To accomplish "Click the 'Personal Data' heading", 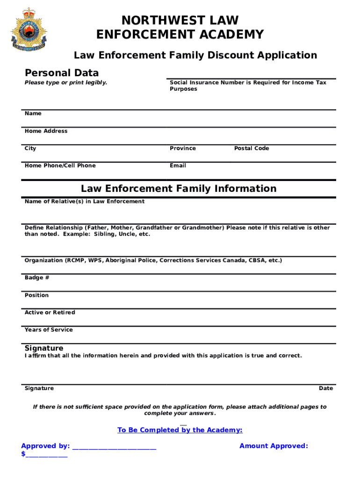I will tap(61, 73).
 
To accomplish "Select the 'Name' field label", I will tap(33, 114).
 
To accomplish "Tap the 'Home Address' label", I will tap(46, 131).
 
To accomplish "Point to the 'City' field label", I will tap(30, 148).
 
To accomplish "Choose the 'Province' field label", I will tap(183, 148).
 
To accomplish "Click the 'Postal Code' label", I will tap(252, 148).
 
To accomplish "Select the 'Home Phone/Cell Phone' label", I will tap(60, 166).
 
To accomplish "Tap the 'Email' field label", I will tap(178, 166).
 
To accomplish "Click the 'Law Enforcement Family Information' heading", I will tap(179, 189).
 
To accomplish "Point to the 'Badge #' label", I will tap(37, 278).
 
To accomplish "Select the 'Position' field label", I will tap(36, 295).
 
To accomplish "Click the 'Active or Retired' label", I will tap(50, 312).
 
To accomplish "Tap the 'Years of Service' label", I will tap(49, 330).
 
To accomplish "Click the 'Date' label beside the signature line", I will tap(326, 388).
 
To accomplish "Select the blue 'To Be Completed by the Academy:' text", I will tap(180, 430).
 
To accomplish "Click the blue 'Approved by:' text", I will tap(45, 446).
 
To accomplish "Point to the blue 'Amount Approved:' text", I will tap(274, 446).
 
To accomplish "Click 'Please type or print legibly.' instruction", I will tap(66, 82).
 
